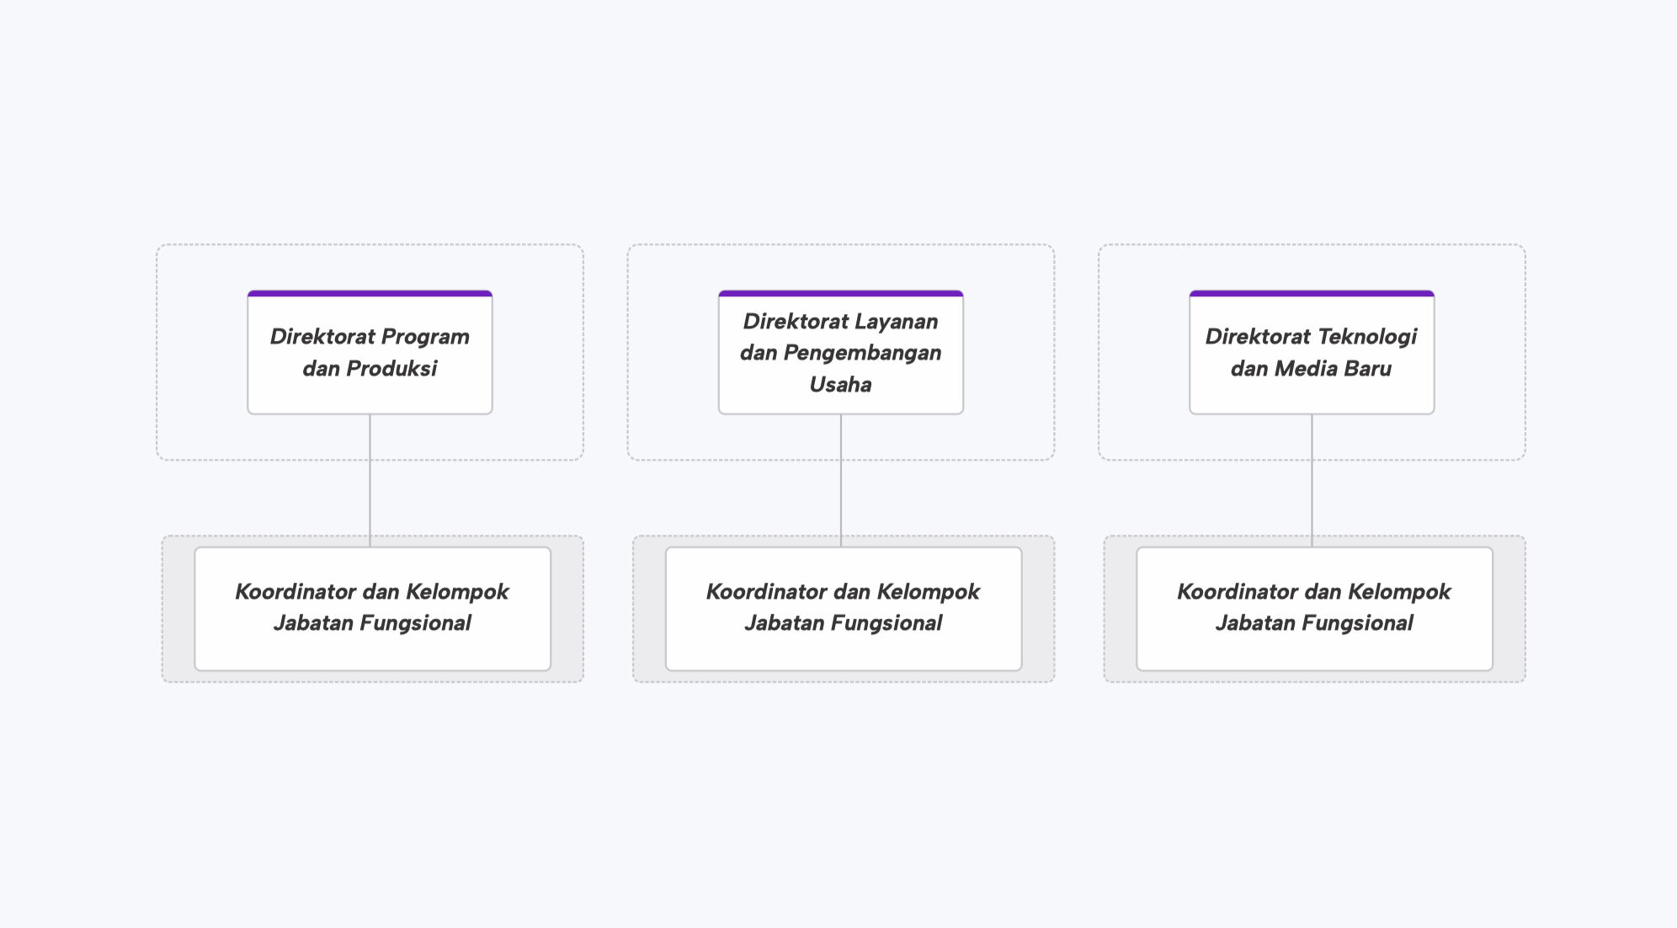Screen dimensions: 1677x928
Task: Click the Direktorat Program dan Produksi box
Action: click(370, 352)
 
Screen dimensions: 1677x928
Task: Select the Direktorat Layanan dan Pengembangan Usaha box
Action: click(840, 352)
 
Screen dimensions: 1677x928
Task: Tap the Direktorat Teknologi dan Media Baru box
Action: click(1312, 352)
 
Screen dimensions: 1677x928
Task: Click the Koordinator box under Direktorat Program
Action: click(373, 609)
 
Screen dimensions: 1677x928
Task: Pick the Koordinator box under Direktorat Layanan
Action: click(844, 609)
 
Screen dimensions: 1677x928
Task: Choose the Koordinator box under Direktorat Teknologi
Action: click(1315, 609)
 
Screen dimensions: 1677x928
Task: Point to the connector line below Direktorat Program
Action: click(370, 481)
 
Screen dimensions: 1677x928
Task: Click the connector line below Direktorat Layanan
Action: click(841, 481)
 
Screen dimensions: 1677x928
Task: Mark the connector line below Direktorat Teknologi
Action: click(1312, 481)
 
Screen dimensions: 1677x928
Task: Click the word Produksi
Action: click(391, 369)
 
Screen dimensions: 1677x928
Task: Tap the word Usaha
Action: click(840, 385)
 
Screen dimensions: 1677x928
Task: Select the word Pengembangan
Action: click(862, 353)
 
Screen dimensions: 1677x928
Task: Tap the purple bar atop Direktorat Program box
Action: click(370, 294)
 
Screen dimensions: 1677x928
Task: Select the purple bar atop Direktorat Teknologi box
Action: click(1312, 294)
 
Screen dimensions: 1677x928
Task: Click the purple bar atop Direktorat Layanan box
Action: click(840, 294)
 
